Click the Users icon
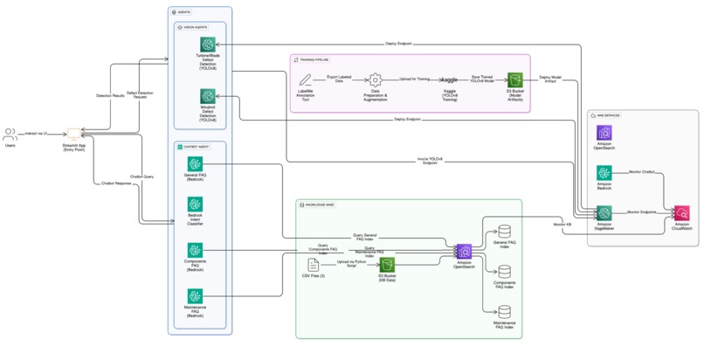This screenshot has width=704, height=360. pyautogui.click(x=10, y=135)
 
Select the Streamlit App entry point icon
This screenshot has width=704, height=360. pyautogui.click(x=74, y=134)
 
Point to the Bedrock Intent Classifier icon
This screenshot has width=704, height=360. pyautogui.click(x=195, y=206)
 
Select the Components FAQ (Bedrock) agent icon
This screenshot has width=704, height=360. pyautogui.click(x=195, y=251)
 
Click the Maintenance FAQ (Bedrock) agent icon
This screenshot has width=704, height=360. pyautogui.click(x=195, y=296)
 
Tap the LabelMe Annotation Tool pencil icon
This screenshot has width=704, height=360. pyautogui.click(x=305, y=80)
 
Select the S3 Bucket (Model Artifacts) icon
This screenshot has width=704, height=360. pyautogui.click(x=515, y=80)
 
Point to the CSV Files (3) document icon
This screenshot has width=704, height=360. pyautogui.click(x=313, y=264)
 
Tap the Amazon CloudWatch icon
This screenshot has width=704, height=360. pyautogui.click(x=681, y=213)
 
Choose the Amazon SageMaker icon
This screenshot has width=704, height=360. pyautogui.click(x=604, y=213)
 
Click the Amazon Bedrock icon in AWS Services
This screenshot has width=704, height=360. pyautogui.click(x=604, y=174)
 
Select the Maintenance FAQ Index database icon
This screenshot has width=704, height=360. pyautogui.click(x=505, y=312)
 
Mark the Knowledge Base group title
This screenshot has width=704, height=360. pyautogui.click(x=322, y=204)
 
